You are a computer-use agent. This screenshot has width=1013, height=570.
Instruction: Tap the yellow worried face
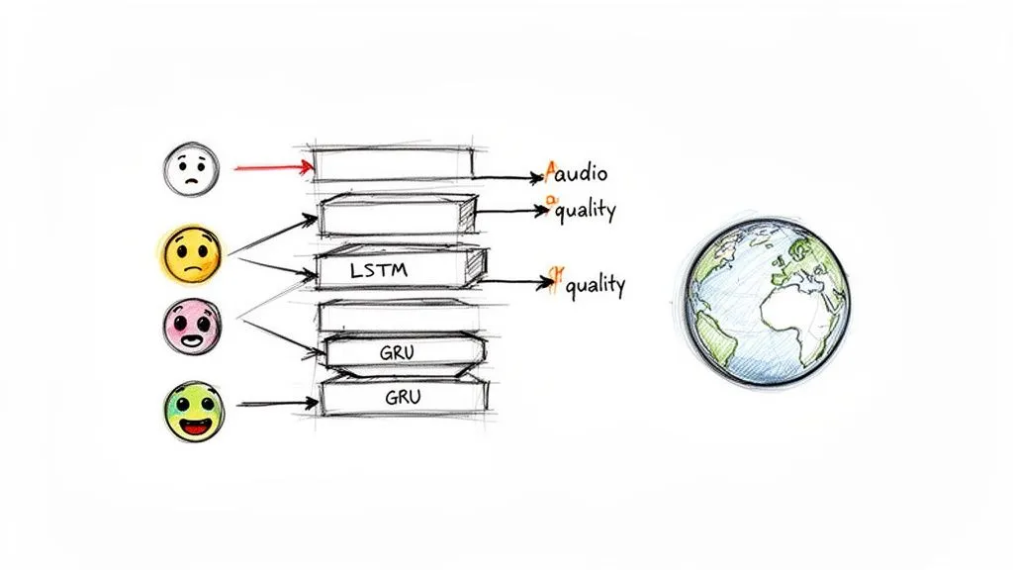tap(190, 253)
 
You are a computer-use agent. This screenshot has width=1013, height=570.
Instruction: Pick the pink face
tap(192, 327)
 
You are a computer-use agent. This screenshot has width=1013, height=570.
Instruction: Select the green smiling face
tap(193, 412)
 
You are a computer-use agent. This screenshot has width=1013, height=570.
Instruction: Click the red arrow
tap(273, 168)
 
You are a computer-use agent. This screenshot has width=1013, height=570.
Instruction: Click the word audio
tap(582, 175)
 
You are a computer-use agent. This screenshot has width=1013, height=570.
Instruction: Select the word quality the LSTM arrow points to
tap(592, 285)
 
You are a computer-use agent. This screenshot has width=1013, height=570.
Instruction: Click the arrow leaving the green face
tap(277, 404)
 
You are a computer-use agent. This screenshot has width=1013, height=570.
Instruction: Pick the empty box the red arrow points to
tap(394, 163)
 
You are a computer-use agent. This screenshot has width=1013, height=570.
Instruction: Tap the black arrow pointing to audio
tap(508, 178)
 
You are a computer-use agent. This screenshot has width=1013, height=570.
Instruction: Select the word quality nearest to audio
tap(585, 210)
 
